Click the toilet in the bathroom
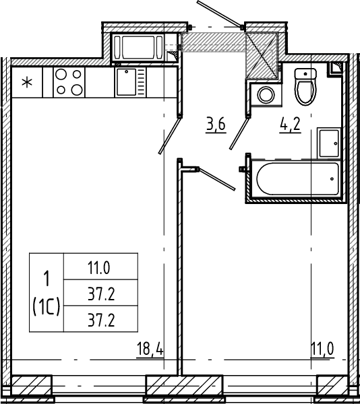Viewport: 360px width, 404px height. coord(305,87)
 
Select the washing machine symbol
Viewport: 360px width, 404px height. coord(266,94)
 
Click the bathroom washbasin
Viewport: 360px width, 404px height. coord(329,143)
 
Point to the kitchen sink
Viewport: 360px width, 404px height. coord(131,82)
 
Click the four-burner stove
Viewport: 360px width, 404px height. coord(69,82)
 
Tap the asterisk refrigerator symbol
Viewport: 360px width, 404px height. coord(27,83)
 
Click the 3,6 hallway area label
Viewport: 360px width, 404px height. coord(216,124)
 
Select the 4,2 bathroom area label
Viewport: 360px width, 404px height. coord(290,125)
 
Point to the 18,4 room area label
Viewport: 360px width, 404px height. coord(150,349)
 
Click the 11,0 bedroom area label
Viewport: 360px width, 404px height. coord(322,349)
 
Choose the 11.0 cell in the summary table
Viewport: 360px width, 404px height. coord(99,268)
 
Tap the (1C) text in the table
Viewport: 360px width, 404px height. coord(47,306)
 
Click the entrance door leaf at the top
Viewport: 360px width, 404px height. coord(220,13)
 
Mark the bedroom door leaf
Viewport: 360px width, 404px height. coord(217,179)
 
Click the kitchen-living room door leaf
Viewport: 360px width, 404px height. coord(169,135)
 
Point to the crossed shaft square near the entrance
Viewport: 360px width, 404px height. coord(262,56)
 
